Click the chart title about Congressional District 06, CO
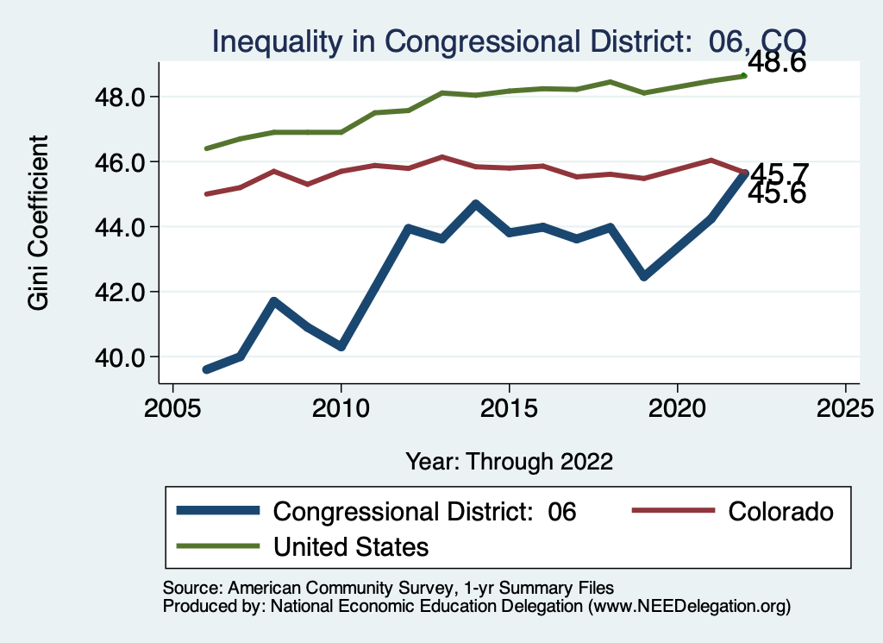(509, 41)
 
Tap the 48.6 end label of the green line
(776, 62)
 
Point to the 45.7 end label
(778, 173)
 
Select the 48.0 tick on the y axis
(122, 97)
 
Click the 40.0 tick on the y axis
(122, 356)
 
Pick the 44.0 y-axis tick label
(122, 227)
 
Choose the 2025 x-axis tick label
(845, 407)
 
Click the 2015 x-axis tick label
(509, 407)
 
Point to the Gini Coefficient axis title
(39, 223)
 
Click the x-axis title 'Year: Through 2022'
(509, 461)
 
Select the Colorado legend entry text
(781, 512)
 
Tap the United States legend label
(351, 546)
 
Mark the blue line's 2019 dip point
(643, 276)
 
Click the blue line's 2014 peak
(475, 204)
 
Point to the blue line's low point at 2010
(341, 346)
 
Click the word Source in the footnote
(188, 588)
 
